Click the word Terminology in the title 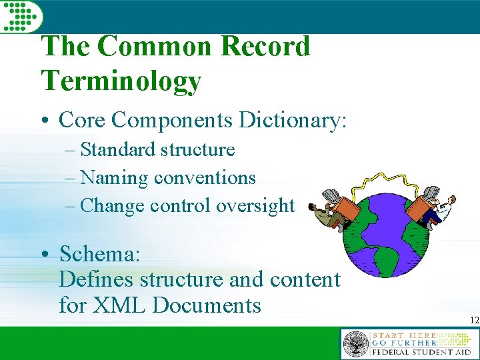(x=121, y=81)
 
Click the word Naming (x=114, y=177)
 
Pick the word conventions (x=205, y=177)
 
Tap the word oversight (x=255, y=206)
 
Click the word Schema (x=100, y=254)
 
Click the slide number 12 (x=474, y=321)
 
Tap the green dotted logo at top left (x=19, y=15)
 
